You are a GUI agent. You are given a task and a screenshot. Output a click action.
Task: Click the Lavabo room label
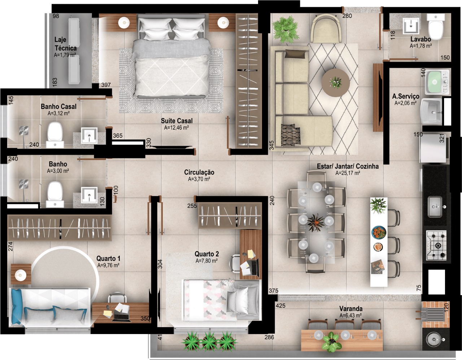click(420, 39)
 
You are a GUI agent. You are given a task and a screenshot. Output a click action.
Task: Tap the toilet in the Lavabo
click(436, 26)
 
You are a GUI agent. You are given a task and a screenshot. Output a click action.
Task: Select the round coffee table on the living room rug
click(336, 83)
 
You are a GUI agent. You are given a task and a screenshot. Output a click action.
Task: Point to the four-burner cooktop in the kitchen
click(436, 246)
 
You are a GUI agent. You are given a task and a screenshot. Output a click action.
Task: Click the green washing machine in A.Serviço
click(437, 83)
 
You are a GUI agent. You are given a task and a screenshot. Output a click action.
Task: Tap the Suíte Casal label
click(176, 121)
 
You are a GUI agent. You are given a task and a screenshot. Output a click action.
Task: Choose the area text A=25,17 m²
click(348, 173)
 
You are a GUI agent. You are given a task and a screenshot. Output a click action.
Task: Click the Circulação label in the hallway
click(199, 172)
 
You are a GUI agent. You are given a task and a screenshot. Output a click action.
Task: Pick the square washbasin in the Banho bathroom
click(89, 194)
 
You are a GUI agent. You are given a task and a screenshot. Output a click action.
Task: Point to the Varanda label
click(350, 309)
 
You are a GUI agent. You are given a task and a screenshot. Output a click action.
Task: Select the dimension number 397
click(106, 85)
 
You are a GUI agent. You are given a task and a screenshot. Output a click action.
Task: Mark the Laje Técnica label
click(65, 44)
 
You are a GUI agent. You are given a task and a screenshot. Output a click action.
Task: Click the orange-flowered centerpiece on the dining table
click(316, 222)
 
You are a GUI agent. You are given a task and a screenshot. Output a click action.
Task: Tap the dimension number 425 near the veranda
click(280, 306)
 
